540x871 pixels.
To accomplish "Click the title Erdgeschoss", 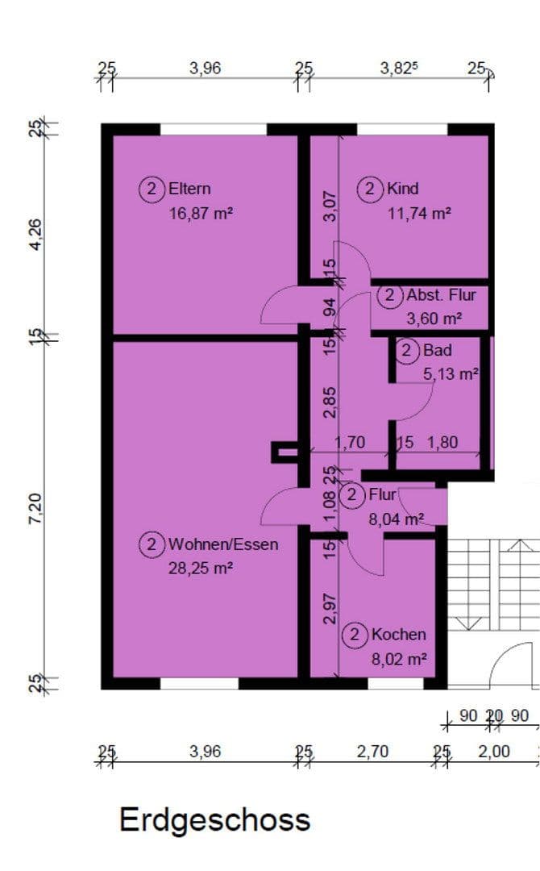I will pos(214,819).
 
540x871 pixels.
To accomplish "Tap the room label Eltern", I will pos(189,190).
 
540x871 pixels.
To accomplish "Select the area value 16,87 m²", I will pos(201,214).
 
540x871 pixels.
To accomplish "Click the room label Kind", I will pos(402,190).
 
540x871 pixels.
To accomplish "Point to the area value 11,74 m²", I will pos(418,214).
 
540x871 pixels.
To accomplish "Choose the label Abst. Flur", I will pos(442,295).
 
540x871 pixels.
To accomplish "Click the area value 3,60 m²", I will pos(434,319).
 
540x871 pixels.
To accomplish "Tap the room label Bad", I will pos(437,351).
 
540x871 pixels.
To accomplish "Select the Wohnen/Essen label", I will pos(223,544).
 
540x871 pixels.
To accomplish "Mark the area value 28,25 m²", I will pos(201,568).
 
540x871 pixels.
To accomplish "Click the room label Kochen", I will pos(398,635).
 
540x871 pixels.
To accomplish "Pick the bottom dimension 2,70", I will pos(372,752).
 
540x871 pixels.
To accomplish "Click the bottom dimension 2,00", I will pos(494,752).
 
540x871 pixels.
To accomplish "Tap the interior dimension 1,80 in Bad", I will pos(442,443).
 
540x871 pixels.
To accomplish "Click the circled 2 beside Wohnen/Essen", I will pos(151,544).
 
